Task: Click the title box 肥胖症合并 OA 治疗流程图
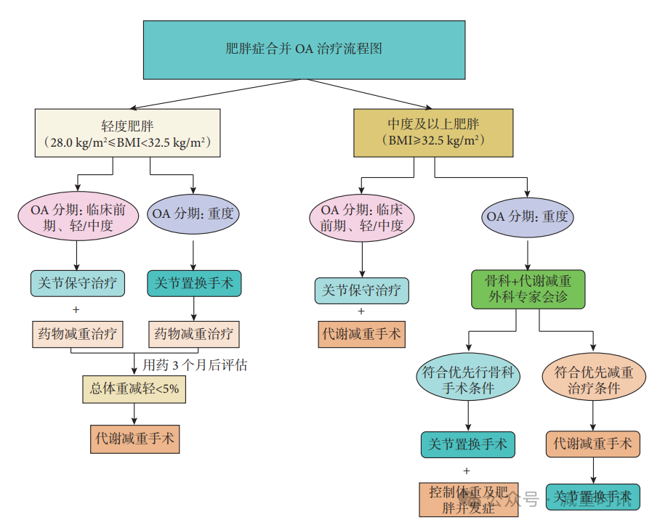[x=304, y=49]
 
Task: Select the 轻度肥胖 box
[x=127, y=132]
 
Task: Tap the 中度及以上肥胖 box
[x=433, y=132]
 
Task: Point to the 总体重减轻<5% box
[x=134, y=389]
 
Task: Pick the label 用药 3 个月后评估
[x=195, y=365]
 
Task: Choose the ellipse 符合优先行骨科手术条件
[x=468, y=380]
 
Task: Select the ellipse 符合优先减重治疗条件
[x=594, y=380]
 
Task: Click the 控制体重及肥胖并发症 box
[x=468, y=499]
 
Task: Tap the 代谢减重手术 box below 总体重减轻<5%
[x=134, y=439]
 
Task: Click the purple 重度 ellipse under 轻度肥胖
[x=193, y=215]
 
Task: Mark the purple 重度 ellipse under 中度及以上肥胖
[x=528, y=216]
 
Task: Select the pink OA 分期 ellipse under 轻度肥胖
[x=77, y=216]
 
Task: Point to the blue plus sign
[x=467, y=471]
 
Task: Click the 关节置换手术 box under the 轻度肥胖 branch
[x=193, y=283]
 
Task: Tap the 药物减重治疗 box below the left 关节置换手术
[x=193, y=334]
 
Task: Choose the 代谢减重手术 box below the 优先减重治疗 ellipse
[x=593, y=444]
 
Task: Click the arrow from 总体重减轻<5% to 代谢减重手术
[x=134, y=414]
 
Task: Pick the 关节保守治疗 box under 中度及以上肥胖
[x=361, y=290]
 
